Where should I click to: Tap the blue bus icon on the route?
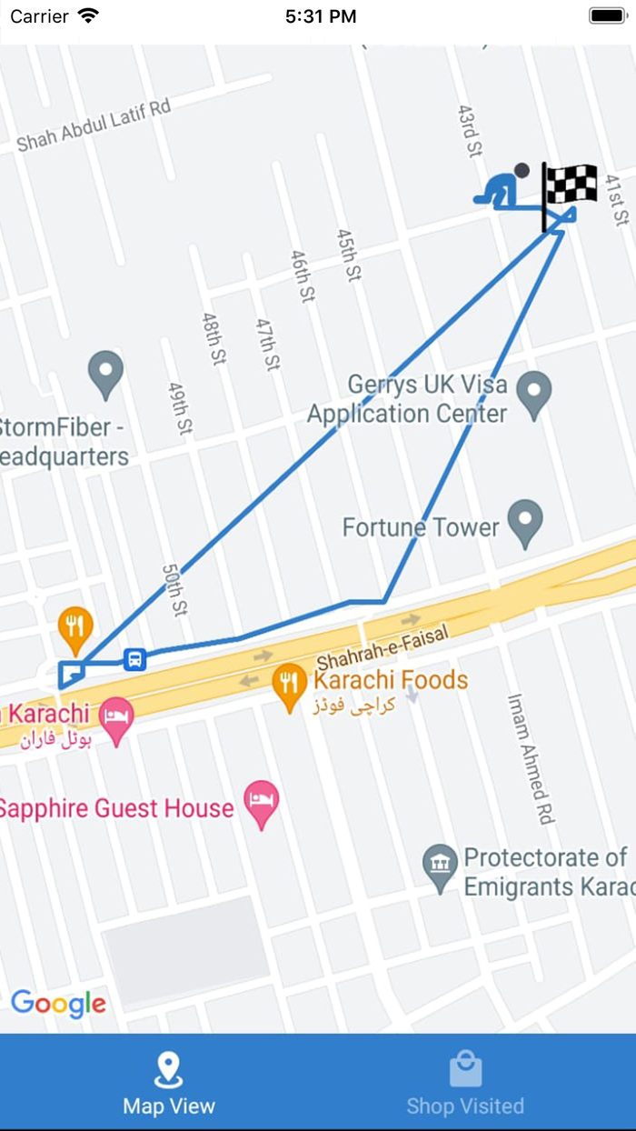(x=134, y=659)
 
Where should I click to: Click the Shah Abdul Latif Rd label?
(x=94, y=125)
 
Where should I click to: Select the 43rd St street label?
(x=468, y=131)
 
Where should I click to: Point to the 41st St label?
(x=617, y=199)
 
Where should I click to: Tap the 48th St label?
(x=214, y=339)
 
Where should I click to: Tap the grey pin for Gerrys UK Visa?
(x=533, y=395)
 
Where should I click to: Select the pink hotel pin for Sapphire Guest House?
(x=262, y=804)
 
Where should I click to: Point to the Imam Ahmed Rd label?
(x=531, y=759)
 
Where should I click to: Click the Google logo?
(x=59, y=1003)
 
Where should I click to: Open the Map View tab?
(x=169, y=1083)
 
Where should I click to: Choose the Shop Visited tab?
(x=465, y=1083)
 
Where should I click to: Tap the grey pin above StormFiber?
(x=105, y=373)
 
